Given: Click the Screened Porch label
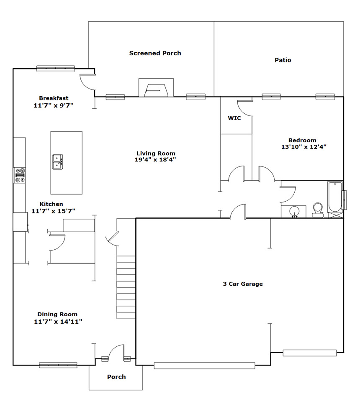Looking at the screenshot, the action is [155, 53].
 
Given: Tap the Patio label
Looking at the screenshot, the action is [283, 60].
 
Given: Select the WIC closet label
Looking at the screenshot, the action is [234, 118].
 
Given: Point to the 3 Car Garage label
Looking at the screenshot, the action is [243, 284].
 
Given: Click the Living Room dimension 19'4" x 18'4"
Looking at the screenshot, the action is [155, 159].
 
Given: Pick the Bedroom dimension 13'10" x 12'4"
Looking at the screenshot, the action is [304, 147].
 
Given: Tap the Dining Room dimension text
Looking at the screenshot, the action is [58, 321].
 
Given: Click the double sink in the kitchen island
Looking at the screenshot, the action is [58, 162].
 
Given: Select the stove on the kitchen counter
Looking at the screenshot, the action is [20, 175].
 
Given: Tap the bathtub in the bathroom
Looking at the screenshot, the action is [335, 197].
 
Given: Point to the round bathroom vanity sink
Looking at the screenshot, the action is [294, 211].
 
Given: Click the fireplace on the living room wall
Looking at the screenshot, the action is [156, 87].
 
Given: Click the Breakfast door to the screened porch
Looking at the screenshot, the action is [88, 82].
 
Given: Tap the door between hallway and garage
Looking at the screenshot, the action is [238, 212].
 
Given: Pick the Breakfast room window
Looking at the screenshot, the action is [56, 68].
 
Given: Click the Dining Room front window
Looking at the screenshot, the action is [58, 365].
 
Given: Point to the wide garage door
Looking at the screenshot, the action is [204, 366].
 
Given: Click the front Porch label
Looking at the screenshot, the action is [116, 377].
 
